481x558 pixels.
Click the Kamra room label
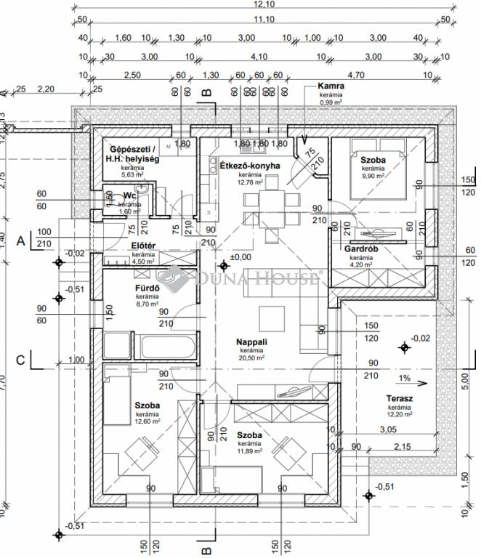pyautogui.click(x=331, y=86)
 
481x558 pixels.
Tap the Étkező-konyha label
pyautogui.click(x=249, y=166)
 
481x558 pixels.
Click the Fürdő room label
pyautogui.click(x=147, y=288)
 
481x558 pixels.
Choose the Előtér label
pyautogui.click(x=143, y=246)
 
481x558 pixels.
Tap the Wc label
pyautogui.click(x=131, y=195)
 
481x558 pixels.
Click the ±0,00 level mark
pyautogui.click(x=240, y=257)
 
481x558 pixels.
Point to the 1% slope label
pyautogui.click(x=404, y=379)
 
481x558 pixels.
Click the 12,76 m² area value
pyautogui.click(x=249, y=182)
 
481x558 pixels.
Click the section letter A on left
pyautogui.click(x=22, y=238)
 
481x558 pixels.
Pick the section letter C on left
pyautogui.click(x=22, y=359)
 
